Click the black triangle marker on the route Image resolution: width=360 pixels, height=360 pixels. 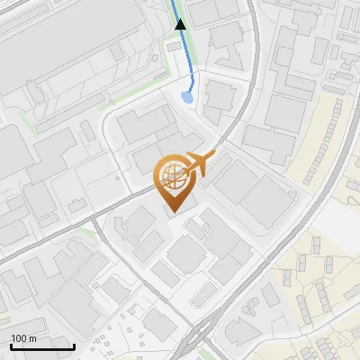[x=180, y=24]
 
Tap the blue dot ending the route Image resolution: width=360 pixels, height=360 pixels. [x=186, y=96]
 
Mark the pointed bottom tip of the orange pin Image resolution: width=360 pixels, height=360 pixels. [x=172, y=212]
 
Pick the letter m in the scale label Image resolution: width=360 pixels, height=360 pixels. [x=32, y=338]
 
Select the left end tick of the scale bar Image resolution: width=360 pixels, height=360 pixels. [x=11, y=346]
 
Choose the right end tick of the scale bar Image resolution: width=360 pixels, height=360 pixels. [x=75, y=346]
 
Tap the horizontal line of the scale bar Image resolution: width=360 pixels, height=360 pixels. [x=43, y=347]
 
